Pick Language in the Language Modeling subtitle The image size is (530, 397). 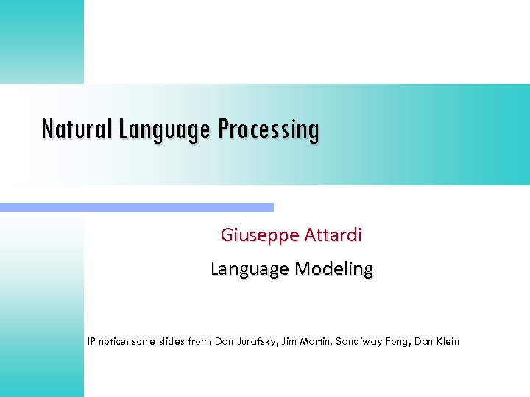coord(250,269)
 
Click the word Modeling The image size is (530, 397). coord(333,269)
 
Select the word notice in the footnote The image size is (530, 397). coord(117,341)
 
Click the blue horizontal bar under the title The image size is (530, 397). coord(137,207)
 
